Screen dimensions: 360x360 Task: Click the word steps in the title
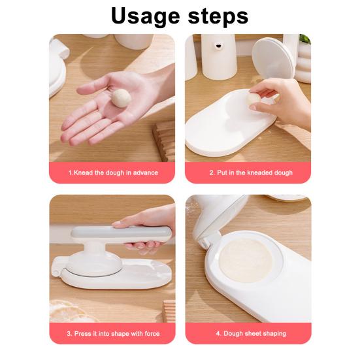pos(216,15)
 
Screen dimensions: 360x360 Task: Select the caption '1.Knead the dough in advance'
pos(113,173)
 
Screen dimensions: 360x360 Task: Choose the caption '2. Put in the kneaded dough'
pos(250,173)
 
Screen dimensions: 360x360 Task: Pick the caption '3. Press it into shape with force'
pos(113,333)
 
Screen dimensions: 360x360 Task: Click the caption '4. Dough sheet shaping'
pos(251,333)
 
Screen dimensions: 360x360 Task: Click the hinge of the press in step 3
pos(56,267)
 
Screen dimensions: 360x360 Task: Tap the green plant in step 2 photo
pos(305,40)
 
